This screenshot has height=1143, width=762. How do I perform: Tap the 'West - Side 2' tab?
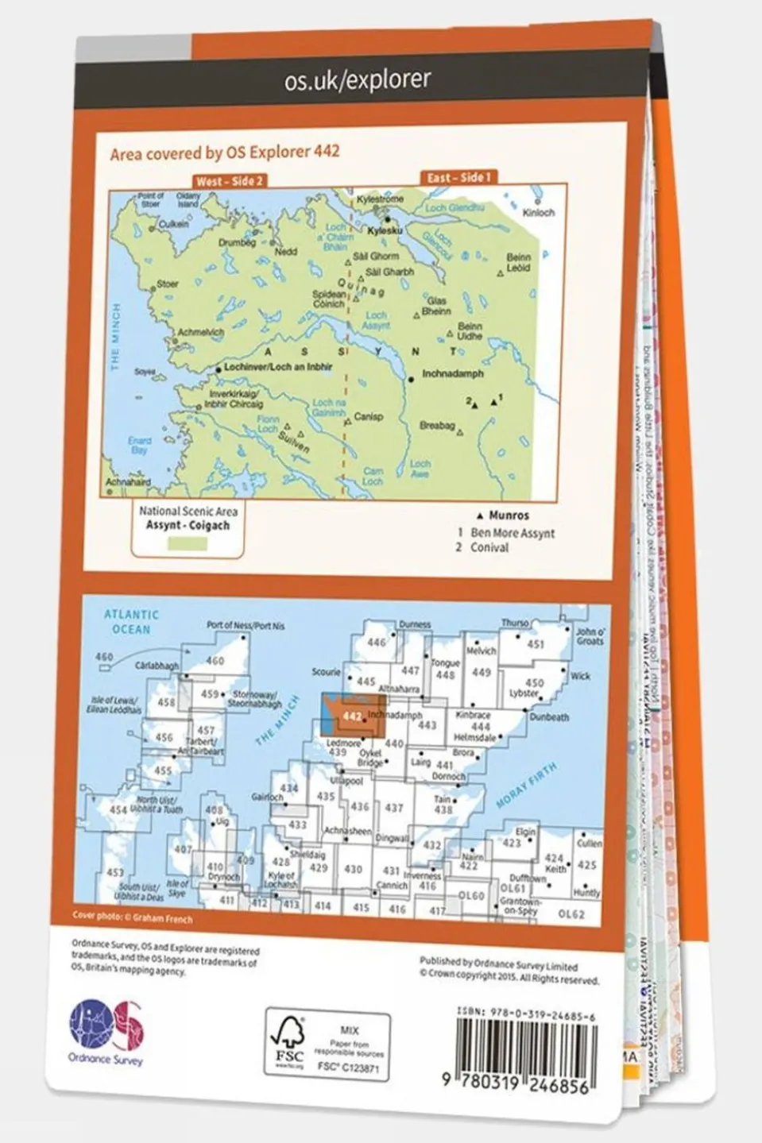click(229, 181)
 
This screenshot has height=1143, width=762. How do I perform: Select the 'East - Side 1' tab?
click(459, 177)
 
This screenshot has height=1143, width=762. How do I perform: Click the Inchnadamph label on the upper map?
click(452, 373)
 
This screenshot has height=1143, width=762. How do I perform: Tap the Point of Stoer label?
click(151, 200)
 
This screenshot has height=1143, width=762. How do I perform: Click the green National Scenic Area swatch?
click(188, 543)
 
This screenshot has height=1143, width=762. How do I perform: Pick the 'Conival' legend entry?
click(489, 547)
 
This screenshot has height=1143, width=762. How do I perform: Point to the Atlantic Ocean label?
click(131, 621)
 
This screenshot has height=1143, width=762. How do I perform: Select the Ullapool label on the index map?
click(346, 782)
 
